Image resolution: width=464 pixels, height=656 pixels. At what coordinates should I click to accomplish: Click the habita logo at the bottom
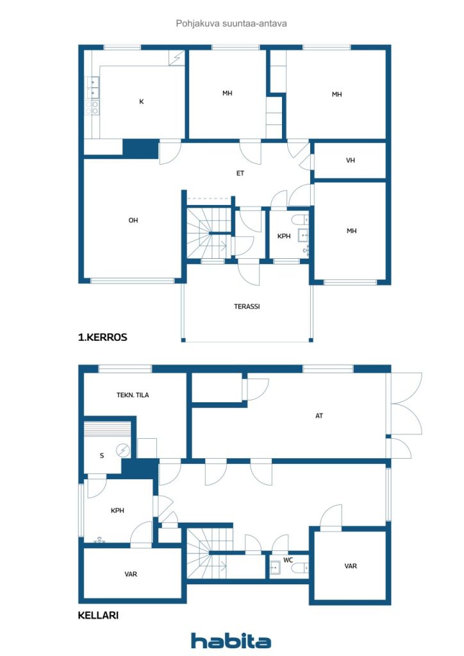pos(231,641)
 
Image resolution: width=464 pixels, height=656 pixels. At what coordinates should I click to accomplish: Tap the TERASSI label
pos(247,306)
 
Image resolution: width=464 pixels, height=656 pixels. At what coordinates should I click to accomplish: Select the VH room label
pos(351,160)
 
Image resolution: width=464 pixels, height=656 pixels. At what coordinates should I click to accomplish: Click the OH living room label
pos(133,220)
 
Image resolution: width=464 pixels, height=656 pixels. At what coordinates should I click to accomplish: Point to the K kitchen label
pos(142,101)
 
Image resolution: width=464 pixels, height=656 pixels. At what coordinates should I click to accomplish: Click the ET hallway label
pos(240,173)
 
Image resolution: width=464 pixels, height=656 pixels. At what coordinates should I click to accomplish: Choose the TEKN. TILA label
pos(133,395)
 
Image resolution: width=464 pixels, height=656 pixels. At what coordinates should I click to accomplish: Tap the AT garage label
pos(319,416)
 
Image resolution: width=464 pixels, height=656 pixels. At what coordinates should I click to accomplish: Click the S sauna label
pos(102,455)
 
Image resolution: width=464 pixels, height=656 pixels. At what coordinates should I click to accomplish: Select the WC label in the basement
pos(288,560)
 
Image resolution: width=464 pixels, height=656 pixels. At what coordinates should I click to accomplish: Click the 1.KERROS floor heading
pos(103,337)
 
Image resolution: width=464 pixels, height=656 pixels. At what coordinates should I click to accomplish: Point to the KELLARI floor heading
pos(98,615)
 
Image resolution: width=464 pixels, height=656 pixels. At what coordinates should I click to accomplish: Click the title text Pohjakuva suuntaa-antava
pos(231,24)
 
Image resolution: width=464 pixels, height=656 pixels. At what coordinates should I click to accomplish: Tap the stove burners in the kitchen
pos(92,108)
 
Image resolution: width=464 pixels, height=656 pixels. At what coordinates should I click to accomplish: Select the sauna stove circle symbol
pos(123,450)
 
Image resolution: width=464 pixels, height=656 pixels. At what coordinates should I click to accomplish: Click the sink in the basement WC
pos(275,568)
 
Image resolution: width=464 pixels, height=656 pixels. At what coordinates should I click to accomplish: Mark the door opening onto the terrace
pos(249,272)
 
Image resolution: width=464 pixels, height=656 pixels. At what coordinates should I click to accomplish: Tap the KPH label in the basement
pos(117,511)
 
